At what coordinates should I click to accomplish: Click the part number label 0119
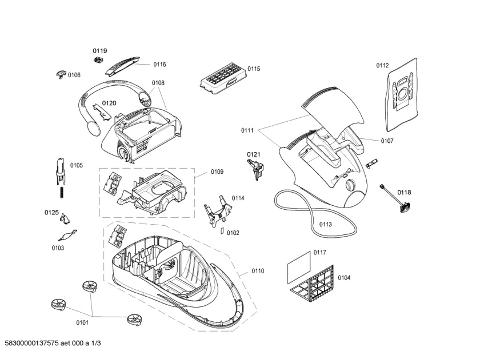[100, 51]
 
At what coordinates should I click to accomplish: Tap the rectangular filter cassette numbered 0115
[223, 79]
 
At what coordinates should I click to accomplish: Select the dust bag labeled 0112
[402, 95]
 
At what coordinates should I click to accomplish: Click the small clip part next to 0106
[61, 74]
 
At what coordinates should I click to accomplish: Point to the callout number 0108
[158, 83]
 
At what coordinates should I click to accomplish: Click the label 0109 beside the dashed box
[217, 171]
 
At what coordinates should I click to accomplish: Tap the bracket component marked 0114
[218, 211]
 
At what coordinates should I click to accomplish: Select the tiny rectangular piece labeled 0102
[222, 230]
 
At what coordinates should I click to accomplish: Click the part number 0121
[253, 154]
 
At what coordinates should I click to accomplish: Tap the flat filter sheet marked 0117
[299, 268]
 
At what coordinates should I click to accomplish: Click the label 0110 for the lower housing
[258, 271]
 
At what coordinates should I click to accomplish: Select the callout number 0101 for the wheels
[82, 322]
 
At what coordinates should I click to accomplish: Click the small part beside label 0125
[65, 218]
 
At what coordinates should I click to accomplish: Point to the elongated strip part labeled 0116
[122, 66]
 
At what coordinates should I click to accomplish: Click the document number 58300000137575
[31, 343]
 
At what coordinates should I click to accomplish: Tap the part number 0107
[387, 141]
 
